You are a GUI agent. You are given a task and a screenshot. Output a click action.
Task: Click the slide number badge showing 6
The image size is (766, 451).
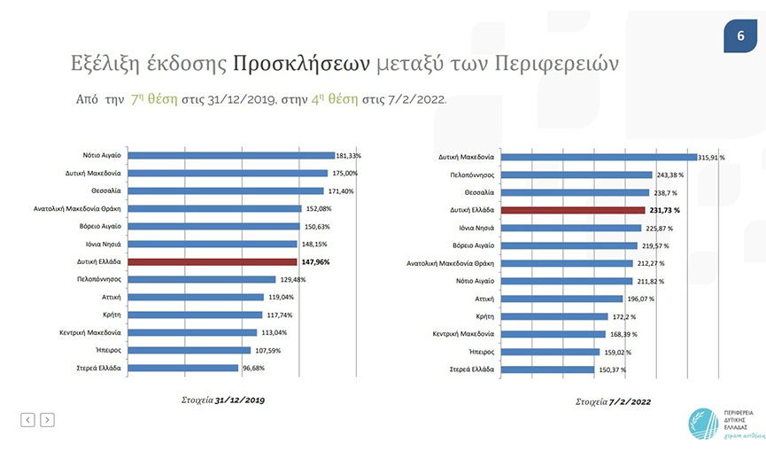(740, 35)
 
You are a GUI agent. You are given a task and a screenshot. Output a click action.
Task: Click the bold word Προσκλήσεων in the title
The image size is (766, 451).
(301, 64)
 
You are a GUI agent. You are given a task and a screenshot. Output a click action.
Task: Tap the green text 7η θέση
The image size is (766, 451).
(154, 99)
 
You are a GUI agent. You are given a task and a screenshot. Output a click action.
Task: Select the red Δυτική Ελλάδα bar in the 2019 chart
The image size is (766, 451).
(212, 262)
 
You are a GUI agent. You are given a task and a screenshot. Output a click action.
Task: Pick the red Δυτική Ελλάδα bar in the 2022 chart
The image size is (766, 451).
(573, 210)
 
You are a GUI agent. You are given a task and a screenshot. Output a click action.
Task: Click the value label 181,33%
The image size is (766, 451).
(348, 156)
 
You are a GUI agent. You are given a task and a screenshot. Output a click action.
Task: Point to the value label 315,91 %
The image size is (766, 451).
(711, 158)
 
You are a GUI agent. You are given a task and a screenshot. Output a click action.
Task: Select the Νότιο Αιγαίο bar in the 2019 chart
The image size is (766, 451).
(231, 155)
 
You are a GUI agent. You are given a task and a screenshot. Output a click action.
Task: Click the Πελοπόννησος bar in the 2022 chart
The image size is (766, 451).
(576, 175)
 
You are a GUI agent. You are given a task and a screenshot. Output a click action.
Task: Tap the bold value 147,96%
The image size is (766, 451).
(315, 262)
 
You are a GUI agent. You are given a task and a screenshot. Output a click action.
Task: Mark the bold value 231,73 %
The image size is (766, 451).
(664, 210)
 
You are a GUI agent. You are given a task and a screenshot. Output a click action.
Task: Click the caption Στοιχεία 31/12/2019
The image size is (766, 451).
(223, 400)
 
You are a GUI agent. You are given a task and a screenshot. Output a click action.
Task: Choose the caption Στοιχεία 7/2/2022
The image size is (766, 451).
(613, 401)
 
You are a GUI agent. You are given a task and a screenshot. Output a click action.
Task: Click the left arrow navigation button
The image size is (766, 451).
(27, 420)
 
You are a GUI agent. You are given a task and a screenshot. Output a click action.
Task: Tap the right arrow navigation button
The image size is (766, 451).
(48, 420)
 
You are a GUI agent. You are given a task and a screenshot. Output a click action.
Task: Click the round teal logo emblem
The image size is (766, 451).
(703, 424)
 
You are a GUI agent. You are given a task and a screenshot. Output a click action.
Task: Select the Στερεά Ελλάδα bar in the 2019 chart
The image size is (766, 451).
(183, 368)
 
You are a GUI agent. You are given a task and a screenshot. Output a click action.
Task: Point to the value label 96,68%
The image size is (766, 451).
(253, 368)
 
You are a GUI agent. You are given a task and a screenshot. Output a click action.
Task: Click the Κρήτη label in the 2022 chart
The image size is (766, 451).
(485, 316)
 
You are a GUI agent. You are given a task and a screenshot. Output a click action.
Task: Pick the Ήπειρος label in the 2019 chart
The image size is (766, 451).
(108, 350)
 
